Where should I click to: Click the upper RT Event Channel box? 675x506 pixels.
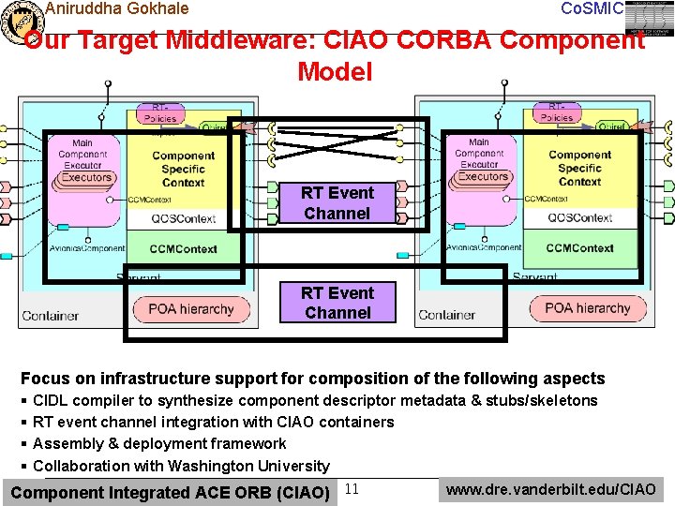coord(337,203)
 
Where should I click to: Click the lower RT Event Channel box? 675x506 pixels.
coord(337,303)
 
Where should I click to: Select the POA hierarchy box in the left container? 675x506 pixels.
coord(191,308)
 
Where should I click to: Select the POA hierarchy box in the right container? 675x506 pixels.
coord(587,307)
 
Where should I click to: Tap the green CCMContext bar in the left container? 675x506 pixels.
coord(184,249)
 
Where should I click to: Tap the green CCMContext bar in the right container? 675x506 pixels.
coord(579,248)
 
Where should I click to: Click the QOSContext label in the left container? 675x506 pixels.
coord(184,218)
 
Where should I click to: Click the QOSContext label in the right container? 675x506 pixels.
coord(579,217)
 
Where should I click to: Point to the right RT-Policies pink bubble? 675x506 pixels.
coord(557,112)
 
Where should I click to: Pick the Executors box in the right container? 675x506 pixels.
coord(483,176)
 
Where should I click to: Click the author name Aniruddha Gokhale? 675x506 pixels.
coord(116,8)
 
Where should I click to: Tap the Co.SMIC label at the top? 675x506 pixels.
coord(591,8)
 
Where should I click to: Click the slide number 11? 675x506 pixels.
coord(352,488)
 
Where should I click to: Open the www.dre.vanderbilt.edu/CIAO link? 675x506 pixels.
coord(551,488)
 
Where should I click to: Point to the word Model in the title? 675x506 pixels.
coord(335,71)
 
